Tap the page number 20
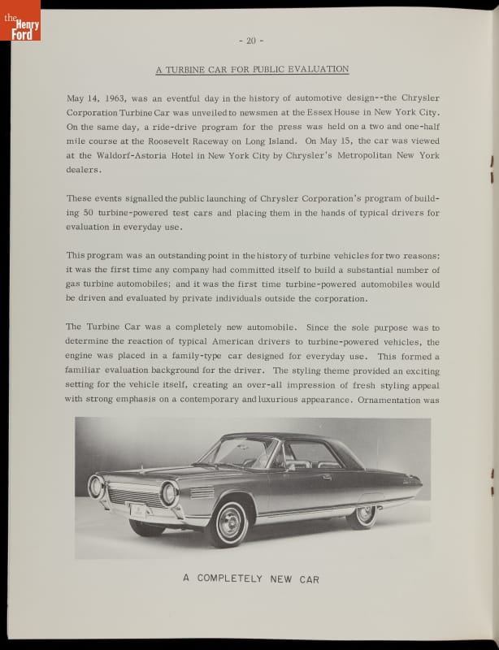point(251,41)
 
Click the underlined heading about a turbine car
point(252,69)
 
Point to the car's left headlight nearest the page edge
point(97,487)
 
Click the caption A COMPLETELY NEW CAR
point(251,578)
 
